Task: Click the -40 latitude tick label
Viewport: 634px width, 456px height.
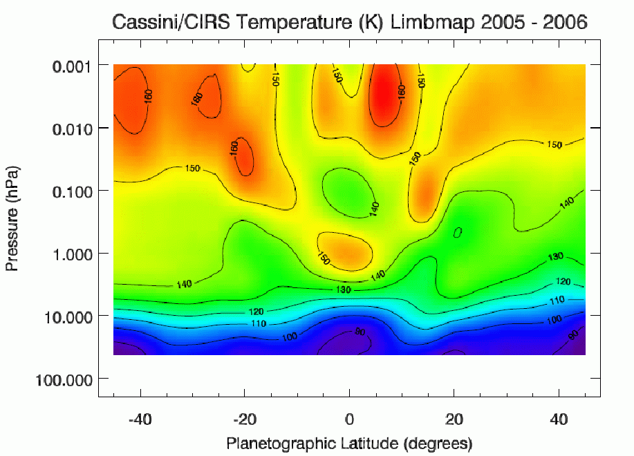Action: tap(140, 420)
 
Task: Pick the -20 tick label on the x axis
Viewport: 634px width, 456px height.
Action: tap(245, 420)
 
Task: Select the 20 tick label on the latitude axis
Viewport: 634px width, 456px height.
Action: tap(454, 420)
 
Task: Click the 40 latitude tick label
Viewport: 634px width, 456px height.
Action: tap(558, 420)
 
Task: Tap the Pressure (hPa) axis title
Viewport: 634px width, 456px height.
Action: tap(12, 218)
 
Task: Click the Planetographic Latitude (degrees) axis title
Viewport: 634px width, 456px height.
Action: tap(349, 441)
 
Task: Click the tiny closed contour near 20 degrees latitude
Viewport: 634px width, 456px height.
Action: tap(458, 233)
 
